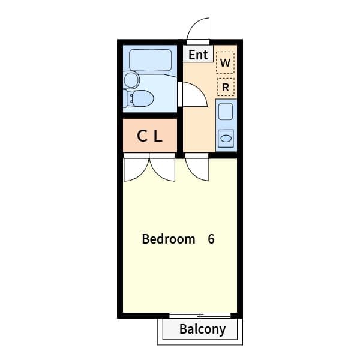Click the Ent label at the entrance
click(x=198, y=55)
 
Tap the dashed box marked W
click(x=225, y=62)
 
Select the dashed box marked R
click(x=225, y=87)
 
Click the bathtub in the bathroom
click(x=150, y=60)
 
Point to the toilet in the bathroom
click(x=142, y=98)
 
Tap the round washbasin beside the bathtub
click(x=131, y=80)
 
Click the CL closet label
click(x=149, y=136)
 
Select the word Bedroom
click(x=169, y=239)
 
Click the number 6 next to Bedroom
click(x=211, y=239)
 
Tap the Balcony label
click(x=202, y=329)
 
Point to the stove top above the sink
click(x=226, y=112)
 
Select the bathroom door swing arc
click(x=194, y=94)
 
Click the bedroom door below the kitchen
click(x=197, y=168)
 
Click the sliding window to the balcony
click(x=200, y=315)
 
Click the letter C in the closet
click(x=142, y=136)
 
